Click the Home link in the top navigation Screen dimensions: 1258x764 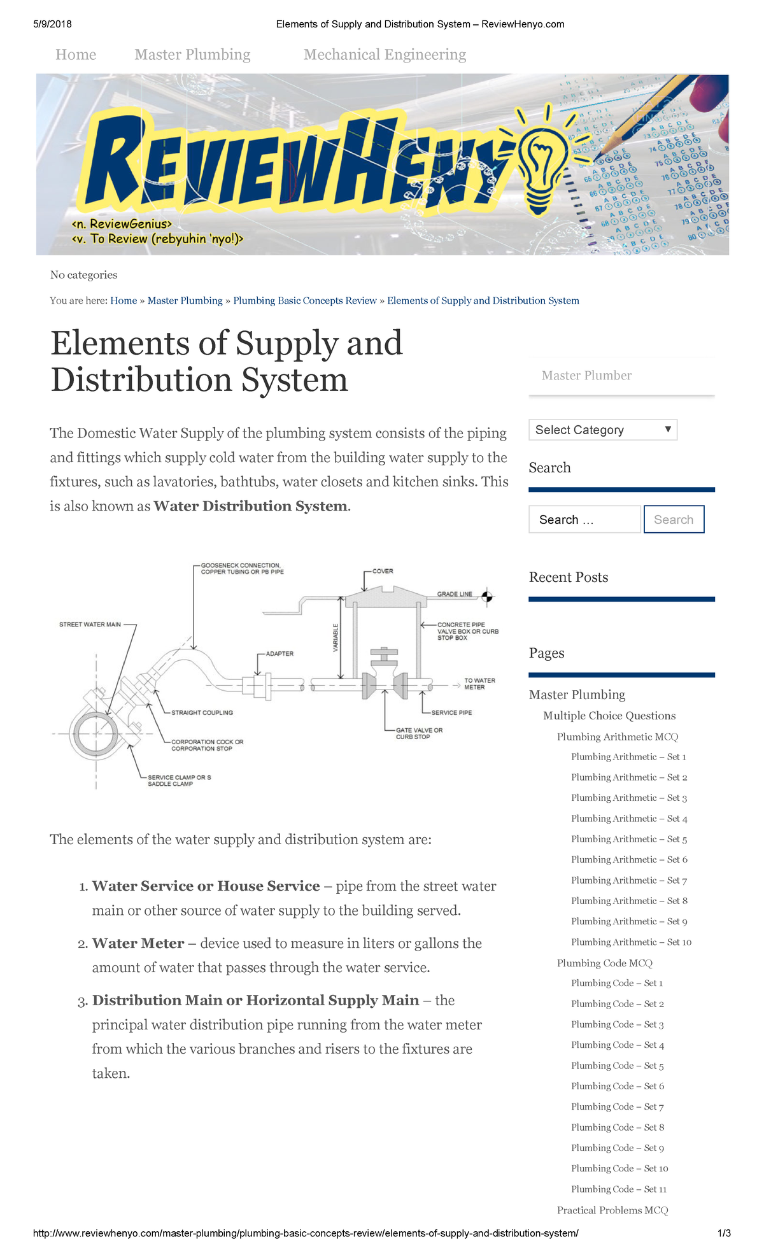pos(76,55)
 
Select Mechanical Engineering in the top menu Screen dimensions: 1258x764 pos(385,55)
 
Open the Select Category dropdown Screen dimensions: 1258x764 pos(602,430)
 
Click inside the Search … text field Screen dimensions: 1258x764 pos(584,519)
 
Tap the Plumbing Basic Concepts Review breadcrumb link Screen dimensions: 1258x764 pos(304,300)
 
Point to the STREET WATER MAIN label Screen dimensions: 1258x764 pos(90,625)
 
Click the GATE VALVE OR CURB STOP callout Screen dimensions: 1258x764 pos(418,733)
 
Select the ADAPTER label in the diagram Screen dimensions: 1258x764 pos(279,654)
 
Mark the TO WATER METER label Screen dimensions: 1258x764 pos(479,684)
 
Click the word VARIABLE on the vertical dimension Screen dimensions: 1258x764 pos(336,638)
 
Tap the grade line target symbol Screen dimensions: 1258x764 pos(487,597)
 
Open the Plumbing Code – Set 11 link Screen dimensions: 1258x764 pos(618,1189)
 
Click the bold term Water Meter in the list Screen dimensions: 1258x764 pos(138,944)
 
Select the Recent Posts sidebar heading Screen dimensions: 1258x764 pos(568,577)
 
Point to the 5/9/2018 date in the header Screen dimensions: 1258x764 pos(52,24)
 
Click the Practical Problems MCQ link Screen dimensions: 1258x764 pos(612,1210)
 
